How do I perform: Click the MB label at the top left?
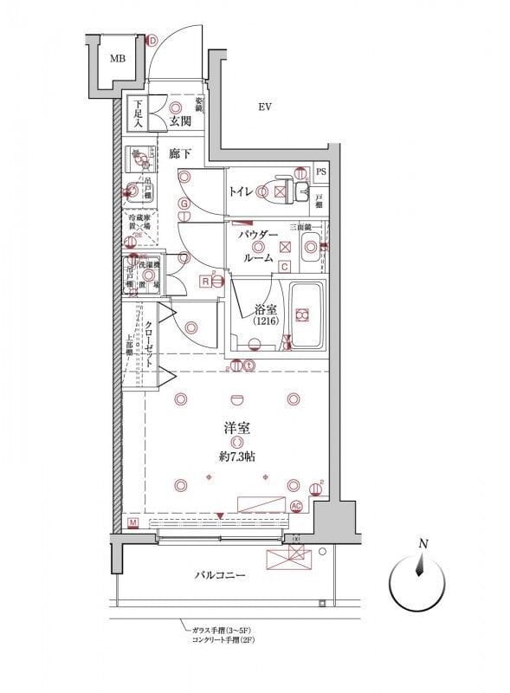tap(115, 59)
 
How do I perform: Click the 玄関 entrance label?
tap(180, 121)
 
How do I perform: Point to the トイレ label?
tap(241, 192)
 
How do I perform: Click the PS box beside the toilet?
tap(321, 172)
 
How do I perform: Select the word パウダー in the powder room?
tap(257, 235)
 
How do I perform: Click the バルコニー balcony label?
tap(220, 574)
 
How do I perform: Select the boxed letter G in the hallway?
tap(184, 204)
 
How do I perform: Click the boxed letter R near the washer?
tap(204, 281)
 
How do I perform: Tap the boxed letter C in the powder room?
tap(284, 266)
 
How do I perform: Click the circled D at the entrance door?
tap(152, 40)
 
